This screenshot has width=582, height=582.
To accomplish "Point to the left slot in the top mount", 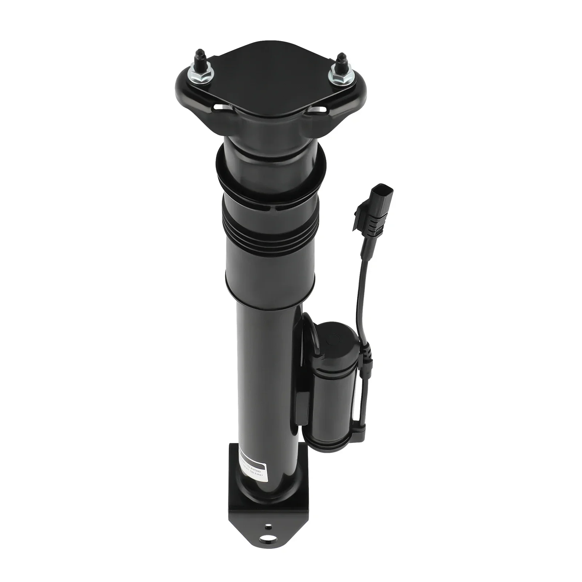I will pos(220,108).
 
